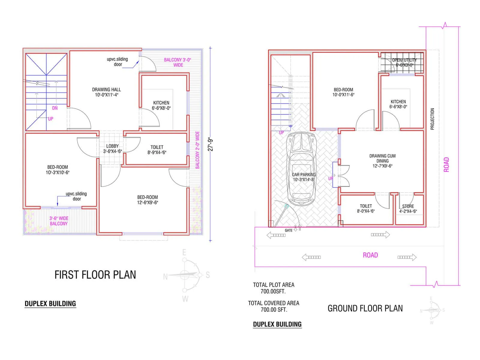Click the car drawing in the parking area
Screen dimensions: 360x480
pyautogui.click(x=301, y=168)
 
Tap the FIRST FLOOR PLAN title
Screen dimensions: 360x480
pyautogui.click(x=95, y=275)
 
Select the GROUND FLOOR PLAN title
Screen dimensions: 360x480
pyautogui.click(x=365, y=308)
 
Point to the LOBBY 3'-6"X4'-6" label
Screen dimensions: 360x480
pyautogui.click(x=112, y=149)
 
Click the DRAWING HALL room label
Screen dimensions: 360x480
pyautogui.click(x=106, y=92)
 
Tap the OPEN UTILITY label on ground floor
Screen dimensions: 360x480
pyautogui.click(x=404, y=62)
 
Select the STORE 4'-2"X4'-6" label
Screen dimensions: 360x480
pyautogui.click(x=408, y=209)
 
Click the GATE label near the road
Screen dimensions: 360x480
pyautogui.click(x=289, y=230)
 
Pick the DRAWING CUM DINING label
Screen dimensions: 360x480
pyautogui.click(x=382, y=161)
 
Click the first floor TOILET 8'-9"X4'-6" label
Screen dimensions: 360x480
pyautogui.click(x=157, y=150)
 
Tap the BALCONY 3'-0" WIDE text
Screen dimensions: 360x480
pyautogui.click(x=178, y=62)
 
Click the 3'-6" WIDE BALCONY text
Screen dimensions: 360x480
pyautogui.click(x=59, y=221)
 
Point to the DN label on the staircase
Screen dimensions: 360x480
pyautogui.click(x=55, y=108)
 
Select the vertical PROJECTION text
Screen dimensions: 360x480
pyautogui.click(x=432, y=119)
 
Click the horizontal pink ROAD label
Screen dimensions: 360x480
pyautogui.click(x=370, y=255)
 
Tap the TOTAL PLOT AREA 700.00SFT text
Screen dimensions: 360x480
pyautogui.click(x=273, y=288)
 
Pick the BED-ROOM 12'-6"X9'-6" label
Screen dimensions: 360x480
pyautogui.click(x=147, y=200)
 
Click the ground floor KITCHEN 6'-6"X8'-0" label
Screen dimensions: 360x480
pyautogui.click(x=398, y=104)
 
